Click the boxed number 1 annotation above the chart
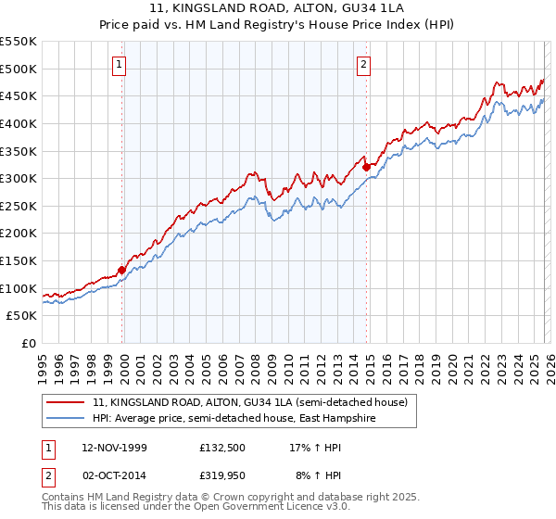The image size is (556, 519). click(121, 64)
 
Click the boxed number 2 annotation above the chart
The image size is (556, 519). click(364, 64)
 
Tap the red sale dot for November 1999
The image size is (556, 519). click(121, 271)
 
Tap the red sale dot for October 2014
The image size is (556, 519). click(366, 167)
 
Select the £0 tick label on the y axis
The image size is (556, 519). click(30, 344)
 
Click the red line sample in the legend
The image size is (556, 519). click(66, 402)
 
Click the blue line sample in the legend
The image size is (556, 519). click(66, 419)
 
